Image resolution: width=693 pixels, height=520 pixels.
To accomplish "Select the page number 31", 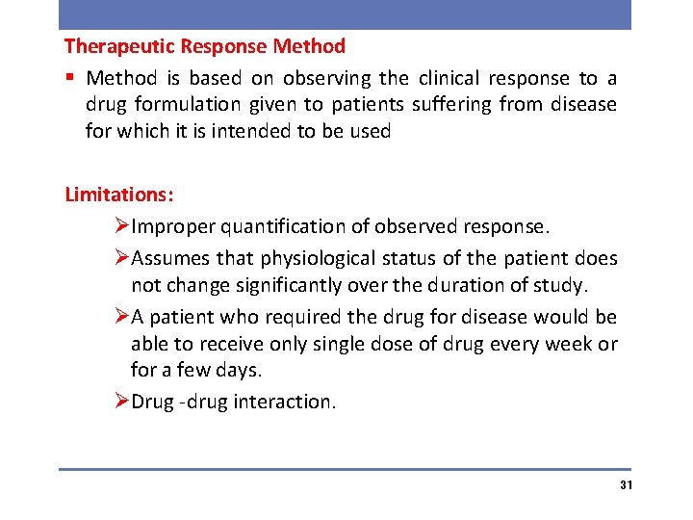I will coord(626,484).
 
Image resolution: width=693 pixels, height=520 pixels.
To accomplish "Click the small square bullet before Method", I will coord(70,78).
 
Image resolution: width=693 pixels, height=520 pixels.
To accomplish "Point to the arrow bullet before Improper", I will coord(121,227).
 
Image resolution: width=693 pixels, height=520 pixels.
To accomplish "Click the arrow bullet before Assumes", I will coord(121,259).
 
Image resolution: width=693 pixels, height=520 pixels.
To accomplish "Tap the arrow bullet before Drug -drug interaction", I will coord(121,403).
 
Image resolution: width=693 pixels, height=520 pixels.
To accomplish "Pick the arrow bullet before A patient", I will coord(121,317).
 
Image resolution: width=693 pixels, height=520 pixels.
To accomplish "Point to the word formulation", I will coord(173,104).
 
